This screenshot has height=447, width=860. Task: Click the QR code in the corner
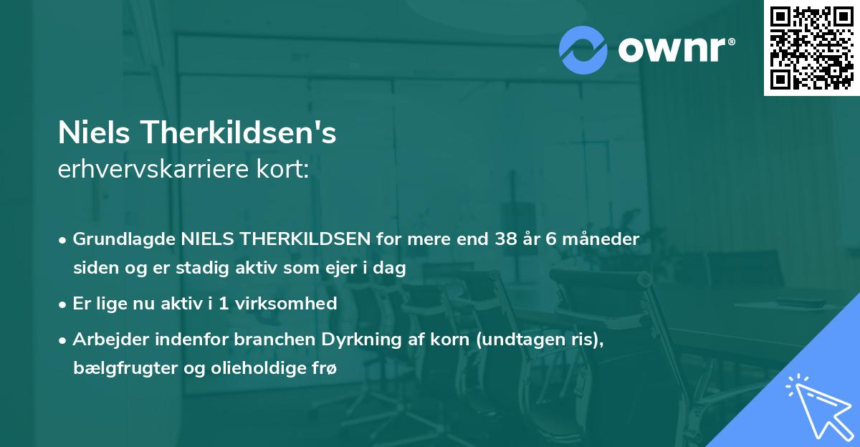(812, 48)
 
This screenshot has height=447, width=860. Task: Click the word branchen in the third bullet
(249, 339)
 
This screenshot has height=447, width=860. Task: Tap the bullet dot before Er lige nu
(64, 304)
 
